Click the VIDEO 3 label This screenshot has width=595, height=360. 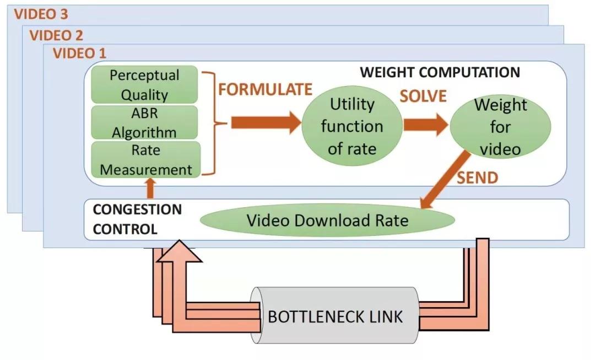(41, 14)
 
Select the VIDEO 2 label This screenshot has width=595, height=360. (56, 35)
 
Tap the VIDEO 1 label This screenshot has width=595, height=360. (80, 53)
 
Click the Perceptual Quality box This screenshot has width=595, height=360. (144, 85)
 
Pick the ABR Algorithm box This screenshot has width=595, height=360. (144, 122)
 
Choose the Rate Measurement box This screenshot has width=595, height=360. (145, 159)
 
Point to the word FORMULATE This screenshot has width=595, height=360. (265, 89)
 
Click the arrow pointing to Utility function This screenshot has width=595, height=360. (266, 122)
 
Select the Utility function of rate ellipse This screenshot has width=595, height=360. (352, 126)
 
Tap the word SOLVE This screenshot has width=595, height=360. (423, 96)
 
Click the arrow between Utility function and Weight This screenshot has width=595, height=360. (426, 124)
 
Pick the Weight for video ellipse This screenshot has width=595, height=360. (500, 126)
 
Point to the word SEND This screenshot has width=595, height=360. (477, 178)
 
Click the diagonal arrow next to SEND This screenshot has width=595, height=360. (445, 180)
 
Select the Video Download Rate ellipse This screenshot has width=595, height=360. (327, 221)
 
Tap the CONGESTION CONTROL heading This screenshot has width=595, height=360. (137, 219)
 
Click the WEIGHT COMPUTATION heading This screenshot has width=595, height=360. (440, 72)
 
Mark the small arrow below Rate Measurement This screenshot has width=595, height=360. (150, 188)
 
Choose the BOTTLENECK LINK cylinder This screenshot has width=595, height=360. (335, 316)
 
